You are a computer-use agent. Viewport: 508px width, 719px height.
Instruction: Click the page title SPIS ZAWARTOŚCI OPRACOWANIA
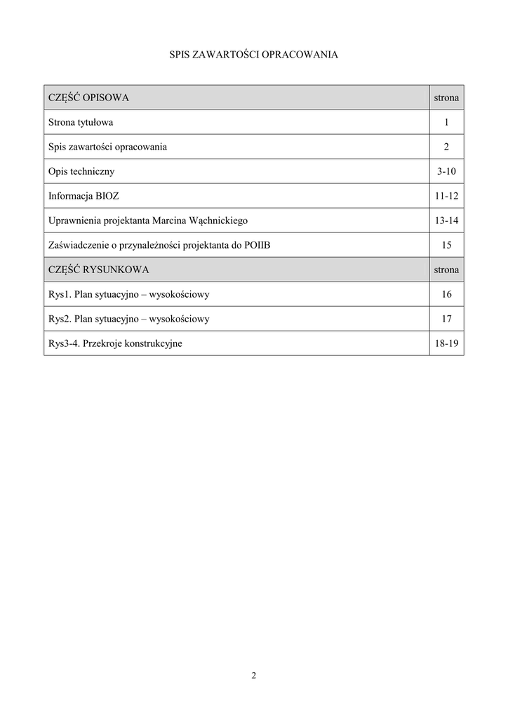(x=254, y=54)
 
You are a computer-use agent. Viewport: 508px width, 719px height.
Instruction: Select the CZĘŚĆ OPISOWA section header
(x=88, y=98)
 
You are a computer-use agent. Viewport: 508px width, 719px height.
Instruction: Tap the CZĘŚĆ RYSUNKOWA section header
(x=98, y=270)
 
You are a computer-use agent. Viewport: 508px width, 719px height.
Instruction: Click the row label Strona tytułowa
(x=81, y=122)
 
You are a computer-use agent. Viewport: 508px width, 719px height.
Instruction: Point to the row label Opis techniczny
(x=81, y=171)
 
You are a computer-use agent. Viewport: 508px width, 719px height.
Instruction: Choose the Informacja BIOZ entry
(x=84, y=196)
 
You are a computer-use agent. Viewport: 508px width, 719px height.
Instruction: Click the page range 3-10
(x=446, y=171)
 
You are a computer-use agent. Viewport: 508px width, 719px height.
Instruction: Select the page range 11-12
(x=446, y=196)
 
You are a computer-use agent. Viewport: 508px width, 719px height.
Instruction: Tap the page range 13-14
(x=446, y=220)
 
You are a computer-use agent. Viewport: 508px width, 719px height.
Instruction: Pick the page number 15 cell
(x=446, y=245)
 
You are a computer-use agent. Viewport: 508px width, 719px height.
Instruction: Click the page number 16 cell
(x=446, y=294)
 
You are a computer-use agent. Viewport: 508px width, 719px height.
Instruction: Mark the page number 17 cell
(x=446, y=319)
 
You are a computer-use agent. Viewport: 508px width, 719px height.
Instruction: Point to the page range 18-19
(x=446, y=343)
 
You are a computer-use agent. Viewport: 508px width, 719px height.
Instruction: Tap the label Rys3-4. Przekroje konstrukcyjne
(x=115, y=343)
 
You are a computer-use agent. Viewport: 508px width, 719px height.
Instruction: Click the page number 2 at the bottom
(x=254, y=675)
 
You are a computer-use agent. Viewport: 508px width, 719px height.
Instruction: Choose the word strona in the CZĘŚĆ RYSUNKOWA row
(x=446, y=270)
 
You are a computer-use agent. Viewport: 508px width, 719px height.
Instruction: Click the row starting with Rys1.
(x=128, y=294)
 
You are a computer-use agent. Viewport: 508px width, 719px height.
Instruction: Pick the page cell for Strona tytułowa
(x=446, y=122)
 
